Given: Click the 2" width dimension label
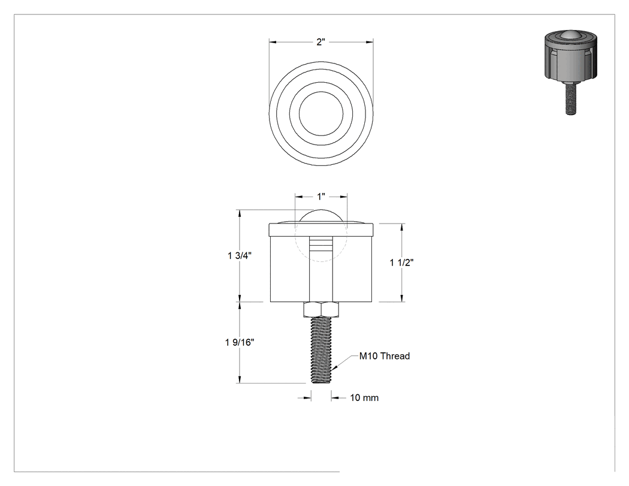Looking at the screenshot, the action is pos(320,42).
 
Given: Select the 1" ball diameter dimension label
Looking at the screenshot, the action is pos(321,197).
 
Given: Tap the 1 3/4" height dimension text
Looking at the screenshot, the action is pos(240,256).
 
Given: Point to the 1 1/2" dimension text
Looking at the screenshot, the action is pos(401,262).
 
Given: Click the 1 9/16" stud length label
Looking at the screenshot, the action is pos(240,342).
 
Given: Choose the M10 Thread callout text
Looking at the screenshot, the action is pos(385,356).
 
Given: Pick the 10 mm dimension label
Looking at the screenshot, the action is pos(364,398).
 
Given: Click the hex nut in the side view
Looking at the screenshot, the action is pos(321,309).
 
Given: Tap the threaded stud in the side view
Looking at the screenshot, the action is pos(321,349).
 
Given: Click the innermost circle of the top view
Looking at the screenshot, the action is pos(321,92).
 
